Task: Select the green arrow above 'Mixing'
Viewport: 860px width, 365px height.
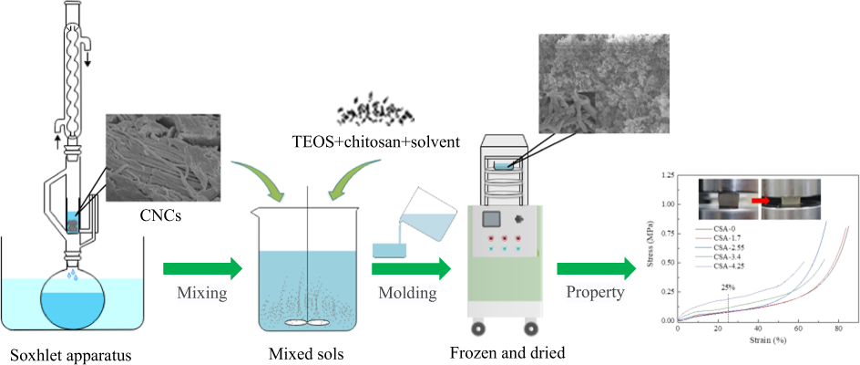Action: pyautogui.click(x=202, y=269)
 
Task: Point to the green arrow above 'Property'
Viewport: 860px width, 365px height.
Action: pyautogui.click(x=597, y=269)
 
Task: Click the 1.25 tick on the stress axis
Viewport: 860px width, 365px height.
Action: pyautogui.click(x=668, y=173)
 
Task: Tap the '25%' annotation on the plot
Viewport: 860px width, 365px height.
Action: pyautogui.click(x=729, y=287)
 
